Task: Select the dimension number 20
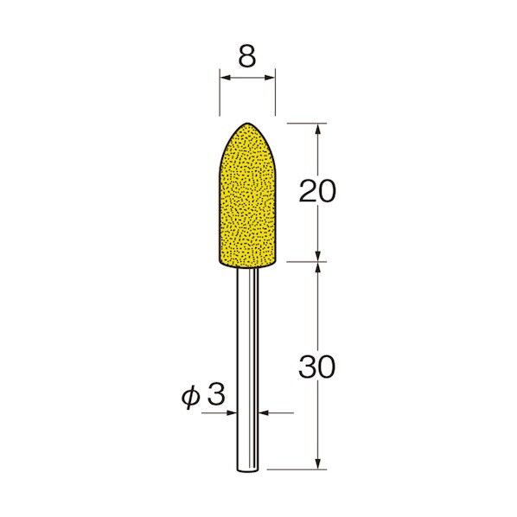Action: (x=317, y=191)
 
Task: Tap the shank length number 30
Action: (x=317, y=367)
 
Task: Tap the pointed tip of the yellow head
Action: (x=247, y=123)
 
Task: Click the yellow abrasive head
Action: (x=247, y=195)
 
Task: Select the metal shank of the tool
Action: (x=247, y=369)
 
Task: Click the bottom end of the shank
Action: (x=247, y=471)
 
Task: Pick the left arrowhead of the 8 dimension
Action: (x=225, y=78)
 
